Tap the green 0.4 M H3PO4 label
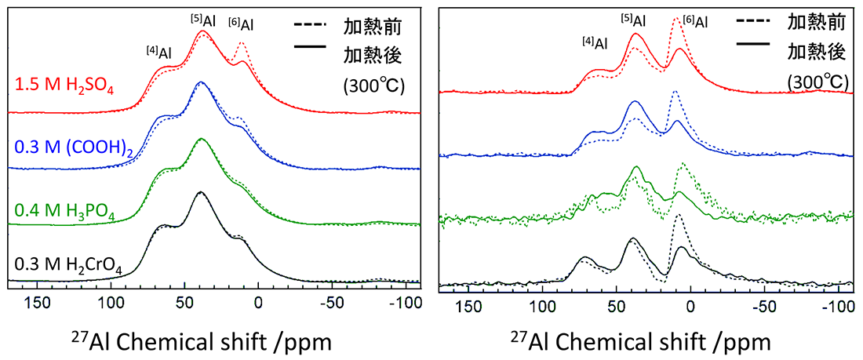(x=65, y=210)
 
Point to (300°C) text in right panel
(x=817, y=81)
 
